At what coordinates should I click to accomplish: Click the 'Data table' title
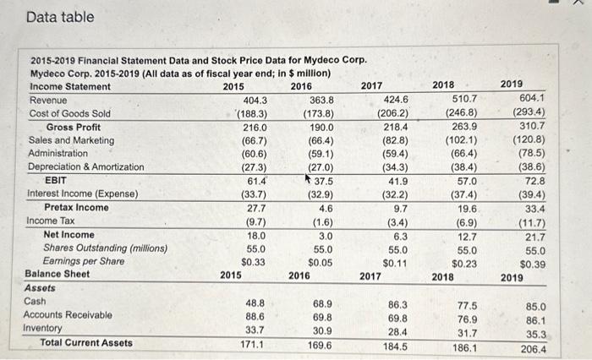click(x=60, y=17)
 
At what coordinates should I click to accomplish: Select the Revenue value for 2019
click(x=529, y=98)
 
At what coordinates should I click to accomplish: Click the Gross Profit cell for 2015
click(x=255, y=127)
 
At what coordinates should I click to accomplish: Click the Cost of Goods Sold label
click(x=69, y=113)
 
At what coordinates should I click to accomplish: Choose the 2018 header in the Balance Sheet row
click(x=442, y=276)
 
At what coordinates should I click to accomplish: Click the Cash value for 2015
click(x=256, y=302)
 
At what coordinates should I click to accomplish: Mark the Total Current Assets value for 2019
click(x=533, y=348)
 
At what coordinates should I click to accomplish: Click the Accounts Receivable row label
click(x=69, y=315)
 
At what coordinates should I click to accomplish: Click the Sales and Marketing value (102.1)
click(x=463, y=140)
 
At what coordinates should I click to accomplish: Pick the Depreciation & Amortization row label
click(x=86, y=167)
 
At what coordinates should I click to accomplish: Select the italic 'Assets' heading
click(x=41, y=288)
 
